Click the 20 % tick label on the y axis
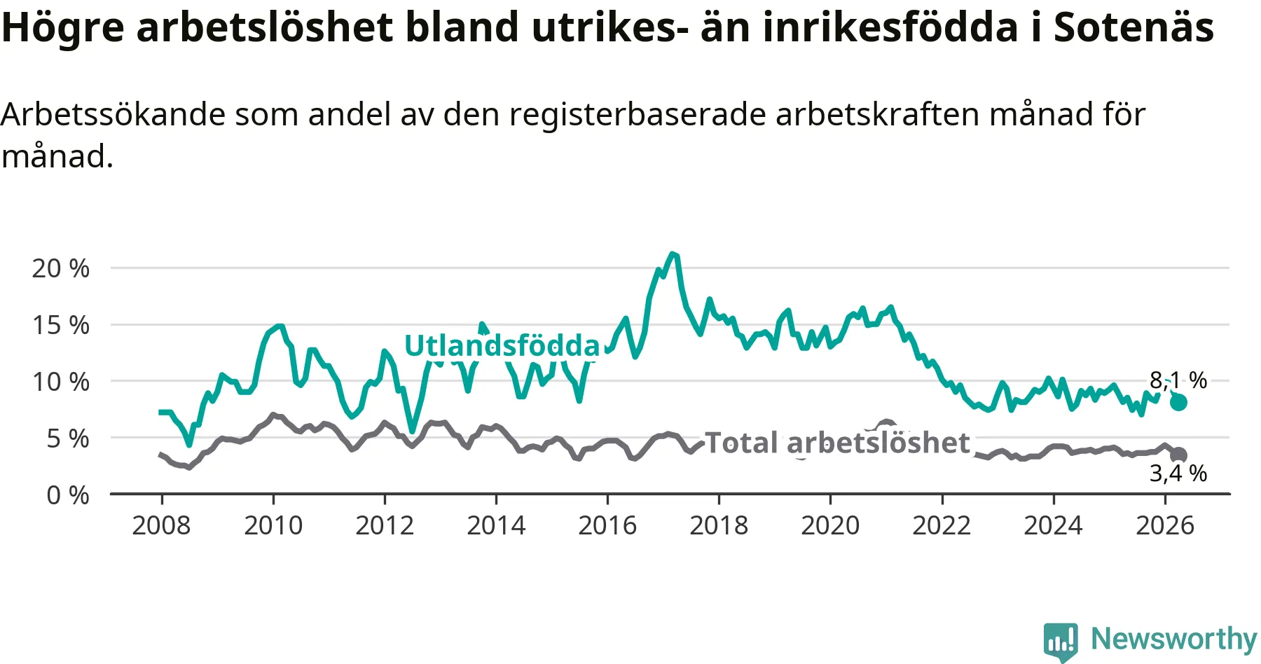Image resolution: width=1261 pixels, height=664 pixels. [61, 268]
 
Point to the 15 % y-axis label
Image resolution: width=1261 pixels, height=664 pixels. [61, 325]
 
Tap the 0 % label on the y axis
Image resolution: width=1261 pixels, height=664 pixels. [68, 495]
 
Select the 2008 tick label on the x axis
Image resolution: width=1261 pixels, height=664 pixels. [161, 525]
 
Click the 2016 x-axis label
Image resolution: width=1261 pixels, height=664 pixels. [607, 525]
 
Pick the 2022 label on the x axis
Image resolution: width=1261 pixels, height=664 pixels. [942, 525]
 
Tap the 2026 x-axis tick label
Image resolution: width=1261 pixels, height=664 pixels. [1165, 525]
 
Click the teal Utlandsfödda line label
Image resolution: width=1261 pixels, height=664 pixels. [502, 346]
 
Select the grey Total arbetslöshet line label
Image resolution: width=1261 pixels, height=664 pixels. [837, 443]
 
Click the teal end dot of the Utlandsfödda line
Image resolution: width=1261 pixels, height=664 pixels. [1178, 402]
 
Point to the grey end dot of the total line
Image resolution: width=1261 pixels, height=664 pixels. [1179, 455]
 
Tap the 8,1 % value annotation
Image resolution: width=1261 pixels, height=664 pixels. [1178, 380]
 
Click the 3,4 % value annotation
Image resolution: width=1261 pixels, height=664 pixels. [1178, 473]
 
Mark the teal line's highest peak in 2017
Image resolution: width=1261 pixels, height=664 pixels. [673, 254]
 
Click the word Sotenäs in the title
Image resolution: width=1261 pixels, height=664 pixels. [1134, 28]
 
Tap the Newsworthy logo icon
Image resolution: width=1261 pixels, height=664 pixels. [1061, 642]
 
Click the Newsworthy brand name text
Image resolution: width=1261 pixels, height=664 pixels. [1174, 639]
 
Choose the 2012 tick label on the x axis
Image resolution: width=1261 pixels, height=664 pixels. [385, 525]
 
